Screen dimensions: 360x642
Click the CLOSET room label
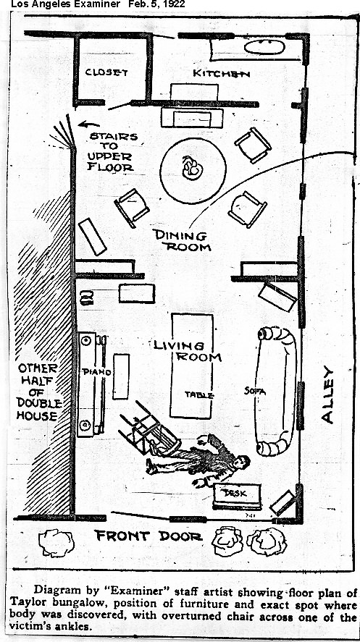pos(106,72)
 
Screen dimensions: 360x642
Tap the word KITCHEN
pos(221,73)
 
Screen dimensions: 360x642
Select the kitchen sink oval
pos(264,47)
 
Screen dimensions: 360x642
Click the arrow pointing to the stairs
pos(89,124)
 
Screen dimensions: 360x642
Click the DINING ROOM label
pos(182,241)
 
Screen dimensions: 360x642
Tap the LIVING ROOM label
pos(187,351)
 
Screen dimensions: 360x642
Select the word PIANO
pos(96,372)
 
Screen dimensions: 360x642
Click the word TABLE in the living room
pos(199,394)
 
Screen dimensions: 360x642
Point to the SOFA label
pos(255,392)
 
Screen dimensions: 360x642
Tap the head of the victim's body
pos(243,462)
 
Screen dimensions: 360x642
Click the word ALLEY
pos(327,394)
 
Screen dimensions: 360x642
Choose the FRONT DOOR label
pos(148,536)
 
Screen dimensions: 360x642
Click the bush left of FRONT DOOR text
pos(56,543)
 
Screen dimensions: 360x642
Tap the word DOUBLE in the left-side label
pos(39,404)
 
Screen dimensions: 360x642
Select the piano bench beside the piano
pos(121,376)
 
